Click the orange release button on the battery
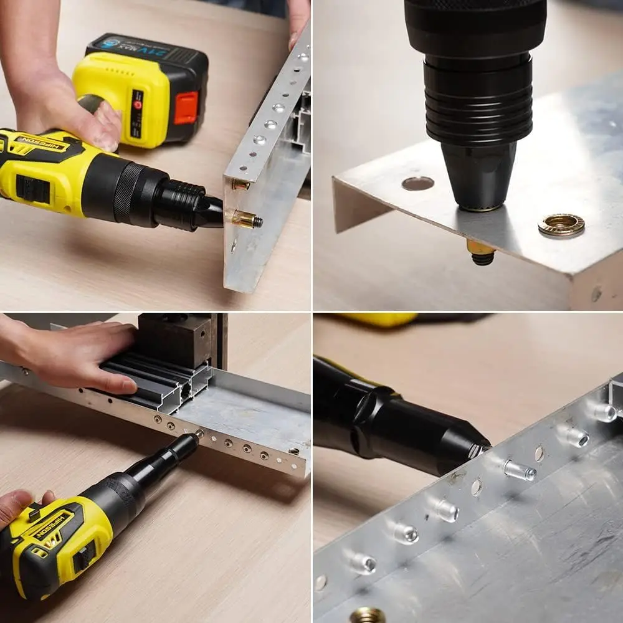point(186,107)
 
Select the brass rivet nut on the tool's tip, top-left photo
point(243,219)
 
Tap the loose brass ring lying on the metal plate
point(561,225)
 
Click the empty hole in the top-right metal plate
point(417,183)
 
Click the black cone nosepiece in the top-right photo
point(478,174)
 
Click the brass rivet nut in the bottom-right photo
point(366,616)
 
